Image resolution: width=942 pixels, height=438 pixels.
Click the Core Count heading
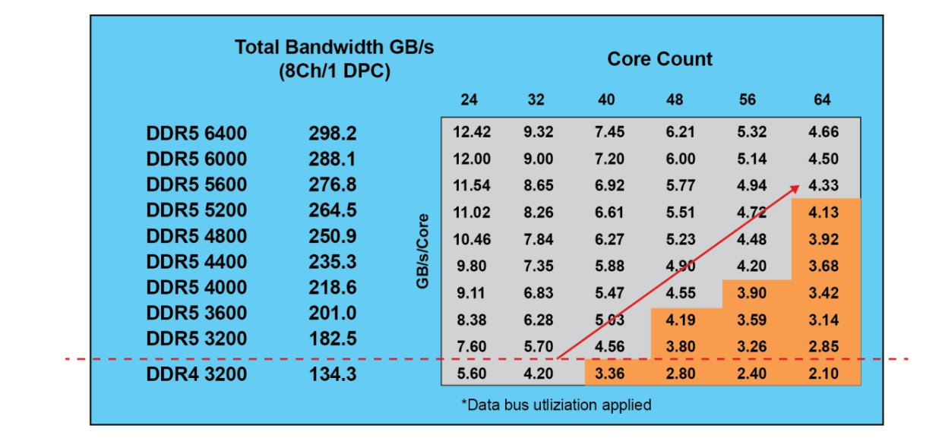click(659, 59)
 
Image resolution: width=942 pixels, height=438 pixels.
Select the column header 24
click(469, 99)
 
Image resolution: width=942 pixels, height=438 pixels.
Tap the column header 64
click(822, 99)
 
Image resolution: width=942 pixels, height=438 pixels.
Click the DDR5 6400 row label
click(196, 134)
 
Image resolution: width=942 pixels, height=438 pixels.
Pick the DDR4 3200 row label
click(196, 373)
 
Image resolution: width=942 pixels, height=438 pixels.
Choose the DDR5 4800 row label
click(196, 236)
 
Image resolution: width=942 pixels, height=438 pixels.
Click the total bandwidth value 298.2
click(332, 134)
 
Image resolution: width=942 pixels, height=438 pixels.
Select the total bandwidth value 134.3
click(332, 373)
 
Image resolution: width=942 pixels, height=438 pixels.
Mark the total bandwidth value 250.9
click(332, 236)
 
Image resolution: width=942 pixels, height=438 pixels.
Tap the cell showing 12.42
click(472, 132)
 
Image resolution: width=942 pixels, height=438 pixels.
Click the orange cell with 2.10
click(823, 373)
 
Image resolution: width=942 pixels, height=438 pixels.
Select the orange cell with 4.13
click(823, 213)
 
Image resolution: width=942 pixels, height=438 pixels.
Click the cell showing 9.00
click(539, 159)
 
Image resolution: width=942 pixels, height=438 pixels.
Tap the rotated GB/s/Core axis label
click(422, 250)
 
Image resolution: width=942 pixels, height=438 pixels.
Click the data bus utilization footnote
click(556, 405)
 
